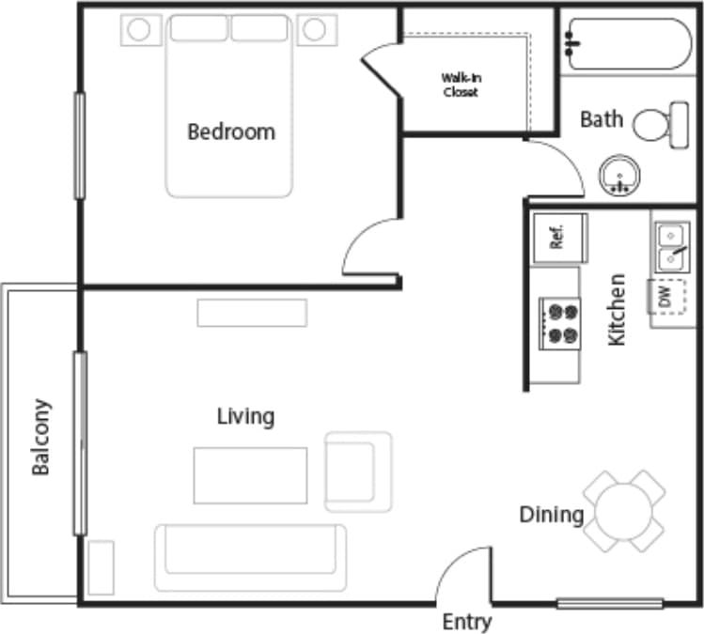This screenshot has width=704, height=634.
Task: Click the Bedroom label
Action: tap(231, 131)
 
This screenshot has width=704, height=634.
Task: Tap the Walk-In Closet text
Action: tap(461, 85)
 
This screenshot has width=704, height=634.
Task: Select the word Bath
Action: tap(601, 119)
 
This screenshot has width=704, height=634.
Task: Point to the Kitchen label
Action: tap(618, 309)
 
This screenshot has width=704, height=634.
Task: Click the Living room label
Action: tap(245, 415)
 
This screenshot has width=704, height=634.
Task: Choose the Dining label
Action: tap(552, 515)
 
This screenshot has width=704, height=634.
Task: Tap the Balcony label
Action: tap(41, 437)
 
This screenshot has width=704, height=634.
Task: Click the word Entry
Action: tap(467, 622)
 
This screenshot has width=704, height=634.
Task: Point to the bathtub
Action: tap(627, 43)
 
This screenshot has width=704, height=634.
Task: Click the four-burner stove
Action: tap(560, 322)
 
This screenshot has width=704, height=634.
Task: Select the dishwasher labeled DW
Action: tap(665, 298)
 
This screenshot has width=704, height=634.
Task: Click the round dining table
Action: tap(624, 511)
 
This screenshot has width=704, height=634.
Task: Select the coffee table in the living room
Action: tap(250, 475)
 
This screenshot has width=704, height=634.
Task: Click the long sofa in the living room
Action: tap(250, 549)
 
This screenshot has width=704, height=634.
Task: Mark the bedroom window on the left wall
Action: tap(80, 145)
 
